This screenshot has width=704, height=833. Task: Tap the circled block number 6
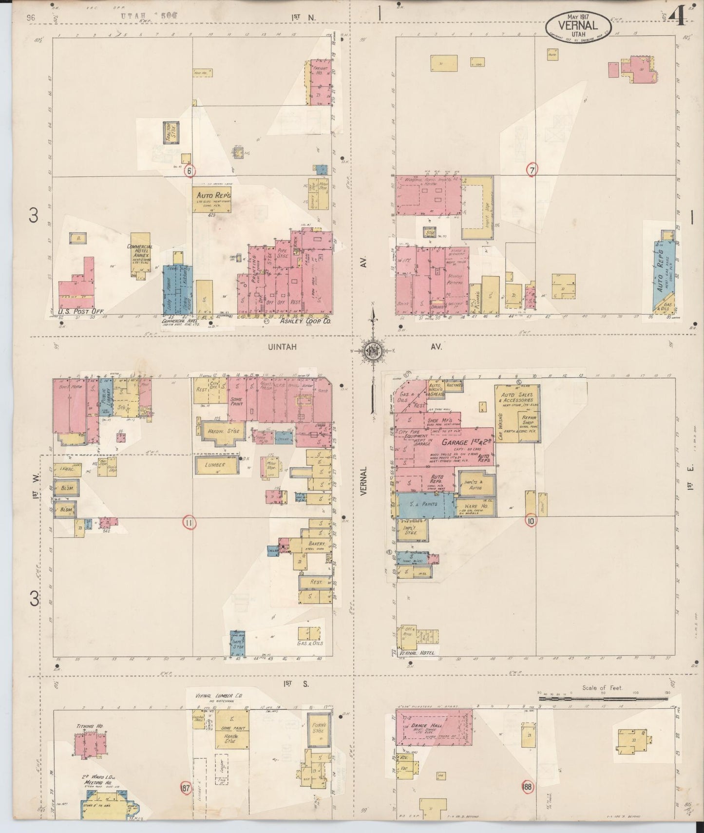tap(190, 171)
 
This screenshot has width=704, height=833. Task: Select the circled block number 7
tap(532, 170)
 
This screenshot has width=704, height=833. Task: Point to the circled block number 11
tap(189, 523)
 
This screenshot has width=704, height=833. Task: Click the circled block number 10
tap(531, 520)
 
